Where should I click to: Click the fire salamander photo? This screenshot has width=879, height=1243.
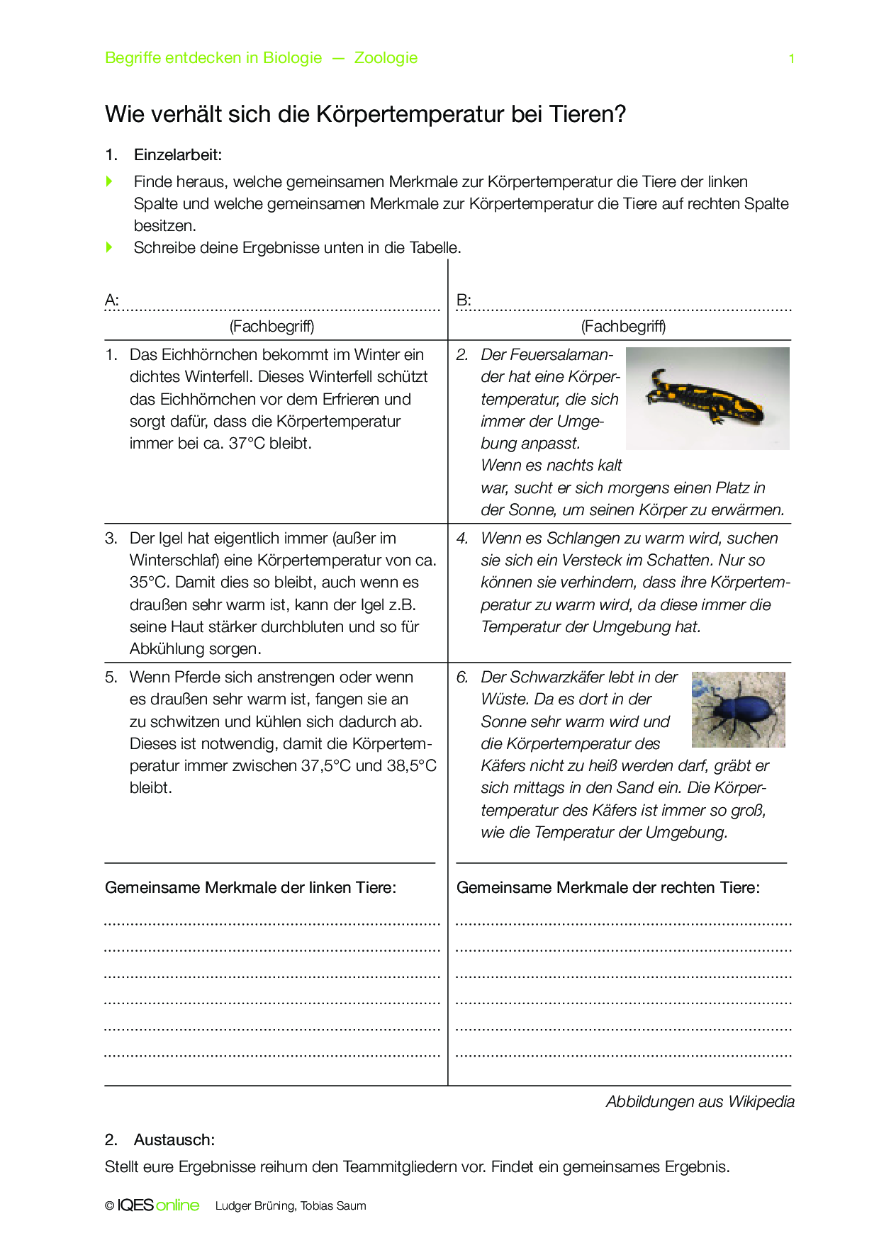(707, 398)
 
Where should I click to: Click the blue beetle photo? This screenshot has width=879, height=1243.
(738, 709)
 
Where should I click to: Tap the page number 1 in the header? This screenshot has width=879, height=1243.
(791, 59)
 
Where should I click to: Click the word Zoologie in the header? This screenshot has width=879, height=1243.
(386, 58)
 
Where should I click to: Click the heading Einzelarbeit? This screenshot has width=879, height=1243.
(178, 154)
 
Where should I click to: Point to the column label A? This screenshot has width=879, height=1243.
(112, 300)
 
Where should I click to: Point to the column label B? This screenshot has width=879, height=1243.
(464, 300)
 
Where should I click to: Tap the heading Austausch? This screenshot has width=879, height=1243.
(174, 1140)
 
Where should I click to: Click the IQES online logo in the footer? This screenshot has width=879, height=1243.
(158, 1205)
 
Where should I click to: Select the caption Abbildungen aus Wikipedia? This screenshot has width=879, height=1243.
(700, 1101)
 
